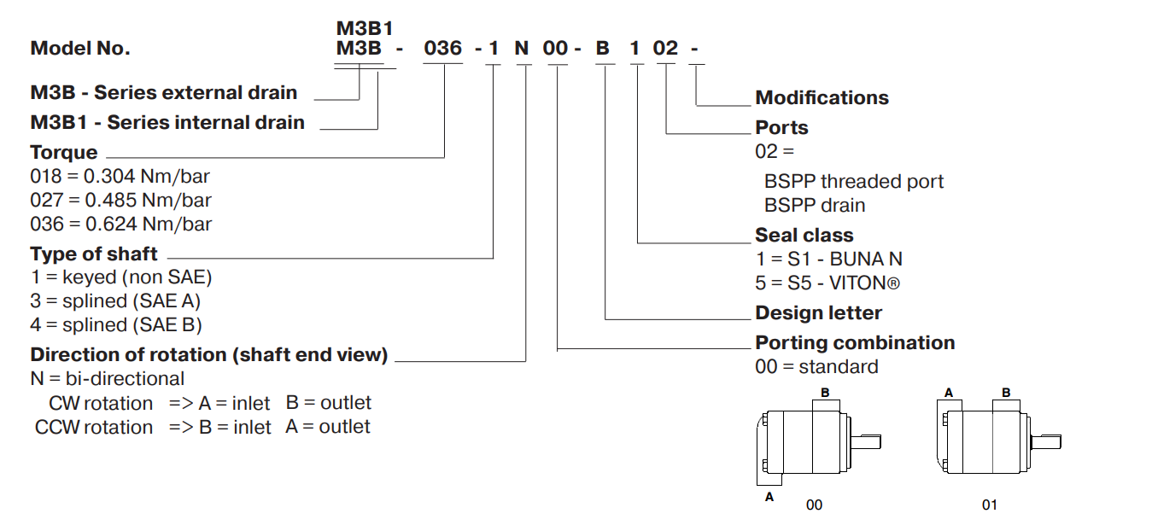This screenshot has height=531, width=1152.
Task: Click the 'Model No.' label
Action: pos(80,49)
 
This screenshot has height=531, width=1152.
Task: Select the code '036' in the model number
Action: pos(442,49)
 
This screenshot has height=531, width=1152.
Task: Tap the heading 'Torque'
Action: pos(64,153)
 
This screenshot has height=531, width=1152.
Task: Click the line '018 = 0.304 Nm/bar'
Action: pos(120,177)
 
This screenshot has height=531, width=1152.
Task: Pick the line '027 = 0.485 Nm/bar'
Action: pos(120,201)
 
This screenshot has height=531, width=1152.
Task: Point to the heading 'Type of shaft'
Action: pos(94,254)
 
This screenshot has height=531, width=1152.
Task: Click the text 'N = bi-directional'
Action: pos(107,378)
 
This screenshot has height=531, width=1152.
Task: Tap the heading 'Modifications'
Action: pos(822,98)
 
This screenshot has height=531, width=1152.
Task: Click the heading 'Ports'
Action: pos(781,128)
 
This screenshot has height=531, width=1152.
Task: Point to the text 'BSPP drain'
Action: pos(815,206)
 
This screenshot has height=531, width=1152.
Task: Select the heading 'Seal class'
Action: pos(804,235)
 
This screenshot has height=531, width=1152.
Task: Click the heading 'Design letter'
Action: pos(818,313)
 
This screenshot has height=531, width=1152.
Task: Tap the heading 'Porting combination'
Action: pos(855,343)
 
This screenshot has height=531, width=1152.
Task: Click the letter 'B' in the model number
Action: pos(602,49)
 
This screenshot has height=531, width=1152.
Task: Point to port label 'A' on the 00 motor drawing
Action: pos(769,496)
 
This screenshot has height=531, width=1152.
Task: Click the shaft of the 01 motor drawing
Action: pos(1046,441)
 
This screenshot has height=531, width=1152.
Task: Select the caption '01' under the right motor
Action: pos(989,505)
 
